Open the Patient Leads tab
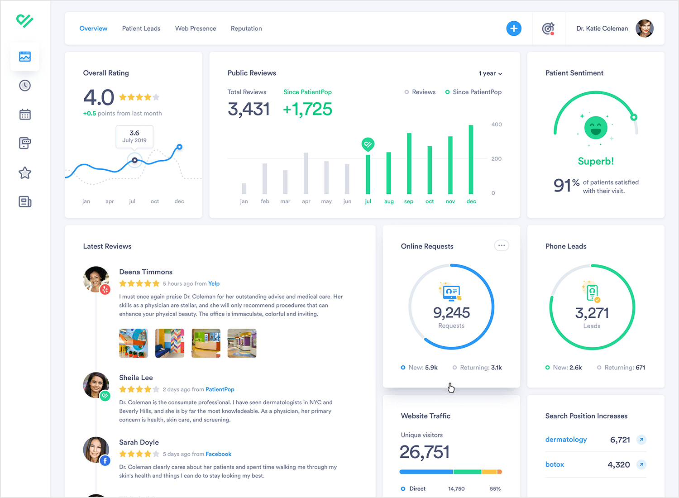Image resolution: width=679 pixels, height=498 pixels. tap(141, 29)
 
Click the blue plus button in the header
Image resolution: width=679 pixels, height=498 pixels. tap(513, 29)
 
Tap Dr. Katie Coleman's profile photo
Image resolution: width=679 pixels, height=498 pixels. tap(644, 29)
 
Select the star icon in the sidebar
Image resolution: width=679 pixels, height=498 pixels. tap(25, 172)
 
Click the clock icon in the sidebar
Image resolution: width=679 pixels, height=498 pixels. tap(25, 86)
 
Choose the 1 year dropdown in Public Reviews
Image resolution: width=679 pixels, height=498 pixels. tap(490, 73)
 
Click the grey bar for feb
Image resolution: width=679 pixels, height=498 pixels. tap(265, 179)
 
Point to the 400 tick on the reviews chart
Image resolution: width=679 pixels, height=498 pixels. tap(497, 124)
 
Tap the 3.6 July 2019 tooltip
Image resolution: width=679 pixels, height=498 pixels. tap(134, 136)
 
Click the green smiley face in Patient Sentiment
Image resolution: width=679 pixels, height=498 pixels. tap(595, 128)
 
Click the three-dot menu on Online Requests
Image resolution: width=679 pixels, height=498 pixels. tap(501, 245)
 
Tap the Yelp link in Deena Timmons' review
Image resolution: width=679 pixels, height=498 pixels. tap(214, 284)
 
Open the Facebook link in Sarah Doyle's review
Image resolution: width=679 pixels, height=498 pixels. tap(218, 454)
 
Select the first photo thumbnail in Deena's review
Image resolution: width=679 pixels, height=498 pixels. tap(134, 343)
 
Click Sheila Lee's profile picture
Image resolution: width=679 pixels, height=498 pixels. tap(96, 385)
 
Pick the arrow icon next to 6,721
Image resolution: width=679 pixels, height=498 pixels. tap(641, 440)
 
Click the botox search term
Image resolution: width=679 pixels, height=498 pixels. tap(555, 464)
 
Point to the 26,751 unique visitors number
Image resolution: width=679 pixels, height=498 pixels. tap(425, 452)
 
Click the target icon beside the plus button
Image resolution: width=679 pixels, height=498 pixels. tap(548, 29)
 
